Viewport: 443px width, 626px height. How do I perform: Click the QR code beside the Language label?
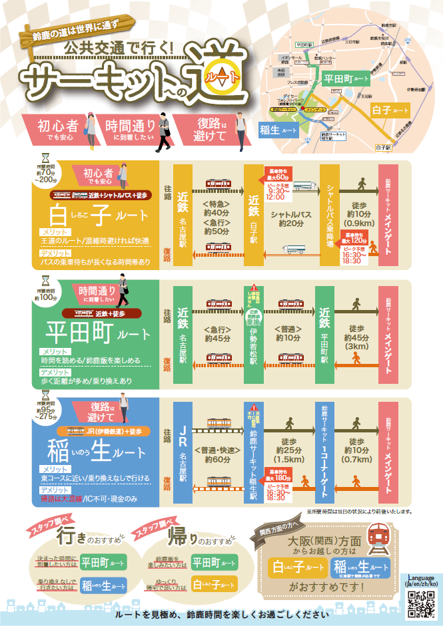(421, 603)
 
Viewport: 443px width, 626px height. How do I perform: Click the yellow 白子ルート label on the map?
(390, 108)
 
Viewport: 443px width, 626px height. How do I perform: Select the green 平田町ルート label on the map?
(346, 79)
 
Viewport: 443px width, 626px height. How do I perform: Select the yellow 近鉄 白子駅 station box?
(254, 214)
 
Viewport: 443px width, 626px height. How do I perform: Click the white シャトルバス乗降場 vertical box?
(330, 214)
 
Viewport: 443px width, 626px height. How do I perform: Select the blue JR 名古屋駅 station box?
(182, 450)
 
